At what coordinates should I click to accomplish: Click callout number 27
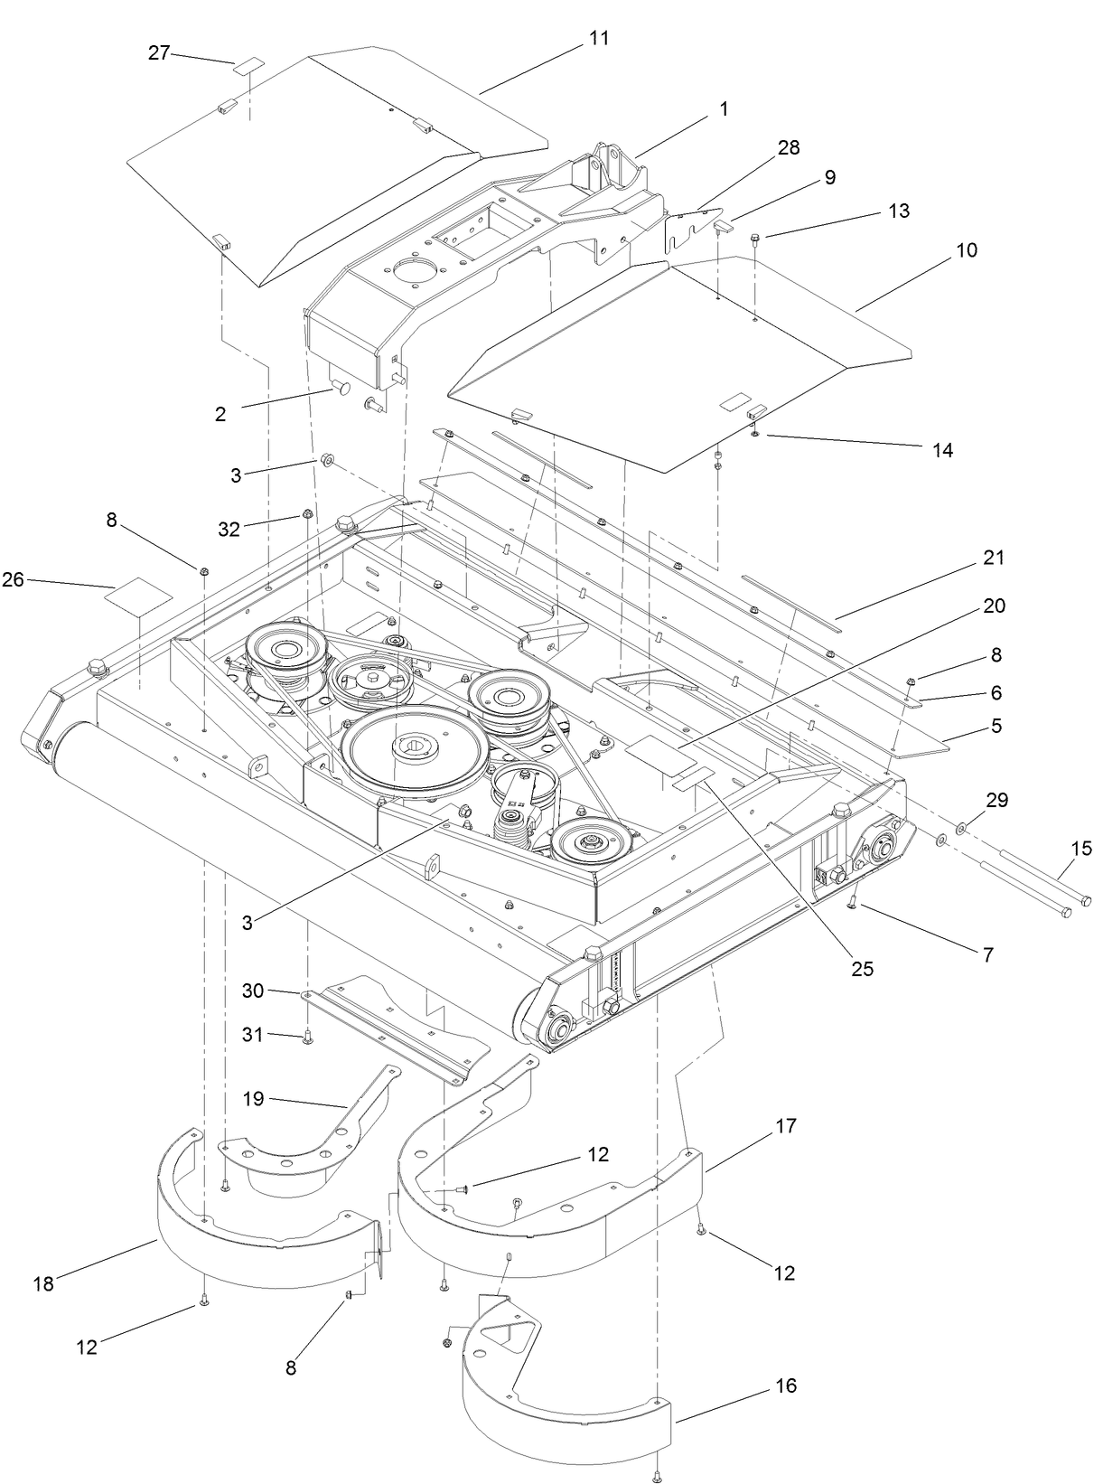pyautogui.click(x=159, y=53)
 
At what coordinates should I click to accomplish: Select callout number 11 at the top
pyautogui.click(x=598, y=39)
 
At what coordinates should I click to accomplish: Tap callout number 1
pyautogui.click(x=723, y=108)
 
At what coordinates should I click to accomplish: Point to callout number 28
pyautogui.click(x=788, y=148)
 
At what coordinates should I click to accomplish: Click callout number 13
pyautogui.click(x=898, y=211)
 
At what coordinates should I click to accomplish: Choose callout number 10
pyautogui.click(x=966, y=250)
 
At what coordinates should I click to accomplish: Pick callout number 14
pyautogui.click(x=941, y=450)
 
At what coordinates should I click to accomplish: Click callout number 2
pyautogui.click(x=220, y=414)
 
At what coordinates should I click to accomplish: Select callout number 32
pyautogui.click(x=229, y=530)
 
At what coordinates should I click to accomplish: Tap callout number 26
pyautogui.click(x=13, y=580)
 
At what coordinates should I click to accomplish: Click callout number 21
pyautogui.click(x=994, y=559)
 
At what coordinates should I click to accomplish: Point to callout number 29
pyautogui.click(x=997, y=800)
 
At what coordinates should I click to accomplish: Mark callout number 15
pyautogui.click(x=1080, y=849)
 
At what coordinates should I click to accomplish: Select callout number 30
pyautogui.click(x=253, y=991)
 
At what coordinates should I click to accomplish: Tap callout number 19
pyautogui.click(x=253, y=1099)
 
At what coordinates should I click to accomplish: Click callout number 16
pyautogui.click(x=786, y=1385)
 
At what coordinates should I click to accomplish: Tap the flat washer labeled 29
pyautogui.click(x=959, y=825)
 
